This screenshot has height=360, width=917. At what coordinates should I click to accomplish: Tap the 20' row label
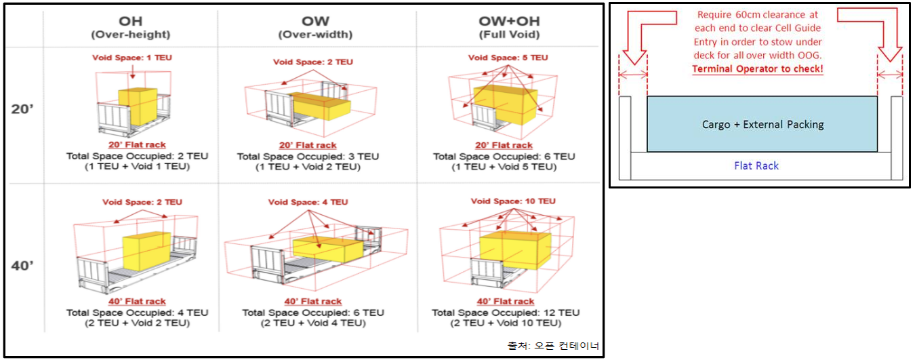22,109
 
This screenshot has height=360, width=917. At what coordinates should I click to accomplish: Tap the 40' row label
22,265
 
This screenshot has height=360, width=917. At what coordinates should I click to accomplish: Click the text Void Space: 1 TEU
132,58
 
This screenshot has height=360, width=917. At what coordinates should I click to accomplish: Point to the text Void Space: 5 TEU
508,58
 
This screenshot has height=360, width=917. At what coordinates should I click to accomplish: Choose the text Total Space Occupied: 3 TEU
308,156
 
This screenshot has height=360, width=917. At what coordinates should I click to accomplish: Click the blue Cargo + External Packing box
762,124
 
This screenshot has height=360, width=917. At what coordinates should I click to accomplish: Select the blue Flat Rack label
756,165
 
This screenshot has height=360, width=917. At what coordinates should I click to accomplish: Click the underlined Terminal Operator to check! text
757,69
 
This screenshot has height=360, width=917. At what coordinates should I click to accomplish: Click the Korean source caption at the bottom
553,346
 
